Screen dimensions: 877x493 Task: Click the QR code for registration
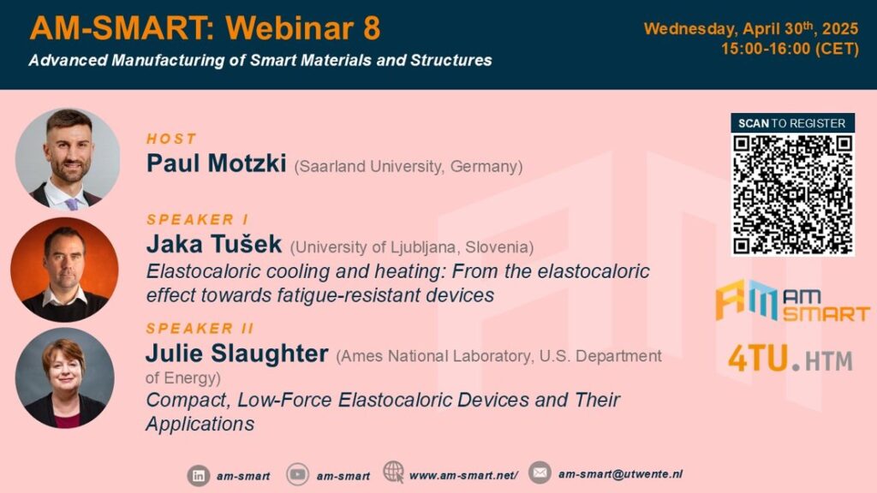[x=792, y=194]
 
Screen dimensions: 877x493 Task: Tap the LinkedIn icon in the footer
[x=198, y=476]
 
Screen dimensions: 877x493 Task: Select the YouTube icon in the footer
[x=297, y=474]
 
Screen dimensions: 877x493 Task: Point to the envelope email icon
[x=540, y=472]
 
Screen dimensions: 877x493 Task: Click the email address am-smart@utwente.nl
[x=620, y=474]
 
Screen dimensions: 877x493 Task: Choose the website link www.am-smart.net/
[x=463, y=475]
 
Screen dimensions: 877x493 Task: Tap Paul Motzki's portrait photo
[x=68, y=158]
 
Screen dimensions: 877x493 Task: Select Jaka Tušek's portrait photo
[x=64, y=270]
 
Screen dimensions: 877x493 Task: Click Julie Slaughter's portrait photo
[x=65, y=377]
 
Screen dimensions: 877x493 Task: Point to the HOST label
[x=171, y=139]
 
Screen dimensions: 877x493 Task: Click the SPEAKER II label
[x=200, y=328]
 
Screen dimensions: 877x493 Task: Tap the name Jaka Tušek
[x=214, y=244]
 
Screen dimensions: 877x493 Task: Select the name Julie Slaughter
[x=237, y=353]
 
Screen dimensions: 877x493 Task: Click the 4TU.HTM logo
[x=790, y=359]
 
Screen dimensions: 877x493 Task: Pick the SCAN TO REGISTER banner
[x=792, y=123]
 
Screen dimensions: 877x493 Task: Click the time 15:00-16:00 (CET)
[x=790, y=49]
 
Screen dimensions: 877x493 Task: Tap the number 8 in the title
[x=372, y=28]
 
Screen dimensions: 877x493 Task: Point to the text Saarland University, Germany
[x=409, y=167]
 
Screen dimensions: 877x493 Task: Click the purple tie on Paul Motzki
[x=72, y=204]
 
